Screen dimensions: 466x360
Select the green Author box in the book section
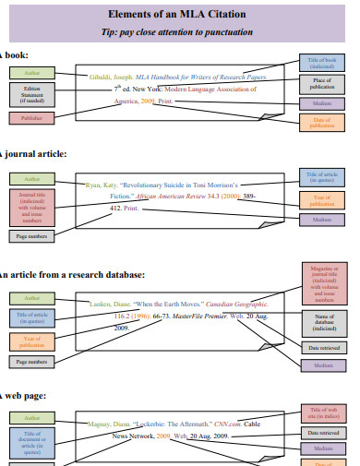click(32, 72)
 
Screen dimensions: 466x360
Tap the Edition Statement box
click(32, 94)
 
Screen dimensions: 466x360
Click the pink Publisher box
click(32, 118)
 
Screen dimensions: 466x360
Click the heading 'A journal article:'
click(33, 153)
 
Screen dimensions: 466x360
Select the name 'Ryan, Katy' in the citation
click(102, 185)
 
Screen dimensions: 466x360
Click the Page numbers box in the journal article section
click(32, 236)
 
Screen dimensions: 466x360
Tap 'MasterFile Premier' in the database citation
click(201, 316)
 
